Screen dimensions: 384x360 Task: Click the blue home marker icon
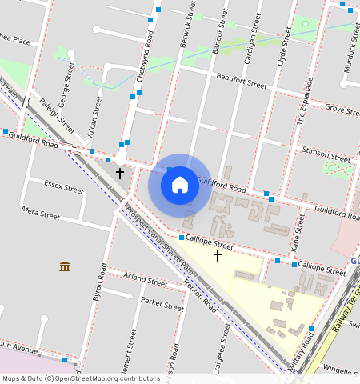tap(180, 185)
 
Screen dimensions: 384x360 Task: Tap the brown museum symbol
tap(65, 266)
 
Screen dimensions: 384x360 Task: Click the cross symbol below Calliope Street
tap(217, 256)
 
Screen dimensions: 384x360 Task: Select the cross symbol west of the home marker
tap(120, 173)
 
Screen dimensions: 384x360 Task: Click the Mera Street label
tap(41, 214)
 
